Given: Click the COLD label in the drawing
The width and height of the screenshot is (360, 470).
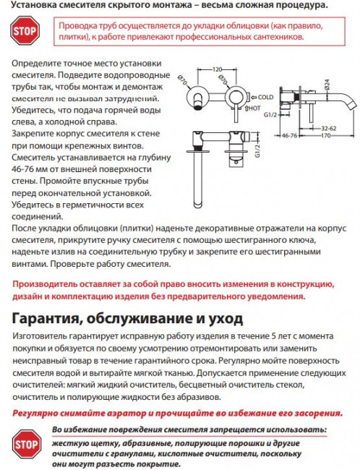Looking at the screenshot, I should [266, 96].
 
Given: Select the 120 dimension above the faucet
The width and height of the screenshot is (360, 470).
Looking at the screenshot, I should [216, 69].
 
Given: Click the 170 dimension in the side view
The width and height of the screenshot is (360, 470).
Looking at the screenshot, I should [325, 134].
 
